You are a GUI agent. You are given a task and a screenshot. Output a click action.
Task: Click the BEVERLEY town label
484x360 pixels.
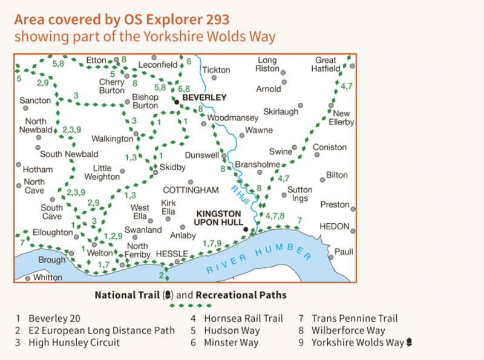pyautogui.click(x=204, y=97)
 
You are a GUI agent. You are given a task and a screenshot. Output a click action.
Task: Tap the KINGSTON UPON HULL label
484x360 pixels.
pyautogui.click(x=218, y=218)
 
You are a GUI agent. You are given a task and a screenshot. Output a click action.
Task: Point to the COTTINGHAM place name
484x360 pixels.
pyautogui.click(x=191, y=190)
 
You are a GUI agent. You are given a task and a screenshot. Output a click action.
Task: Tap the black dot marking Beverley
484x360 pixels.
pyautogui.click(x=177, y=102)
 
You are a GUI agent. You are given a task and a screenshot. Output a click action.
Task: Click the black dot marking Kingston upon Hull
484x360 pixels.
pyautogui.click(x=246, y=229)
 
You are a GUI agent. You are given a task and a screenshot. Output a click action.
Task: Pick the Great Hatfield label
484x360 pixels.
pyautogui.click(x=326, y=64)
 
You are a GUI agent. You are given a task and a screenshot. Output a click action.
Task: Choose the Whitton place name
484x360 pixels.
pyautogui.click(x=48, y=277)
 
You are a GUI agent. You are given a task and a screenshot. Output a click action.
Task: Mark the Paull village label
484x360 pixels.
pyautogui.click(x=344, y=251)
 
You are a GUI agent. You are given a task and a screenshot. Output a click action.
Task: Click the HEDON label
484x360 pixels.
pyautogui.click(x=335, y=226)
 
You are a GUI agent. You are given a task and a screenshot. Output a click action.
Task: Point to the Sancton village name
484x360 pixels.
pyautogui.click(x=35, y=100)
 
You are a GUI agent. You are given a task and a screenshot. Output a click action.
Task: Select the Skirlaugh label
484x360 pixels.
pyautogui.click(x=281, y=112)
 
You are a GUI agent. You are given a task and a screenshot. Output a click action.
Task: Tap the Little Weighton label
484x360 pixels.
pyautogui.click(x=106, y=172)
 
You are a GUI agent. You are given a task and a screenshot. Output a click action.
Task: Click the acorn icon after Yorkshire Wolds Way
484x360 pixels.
pyautogui.click(x=410, y=342)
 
